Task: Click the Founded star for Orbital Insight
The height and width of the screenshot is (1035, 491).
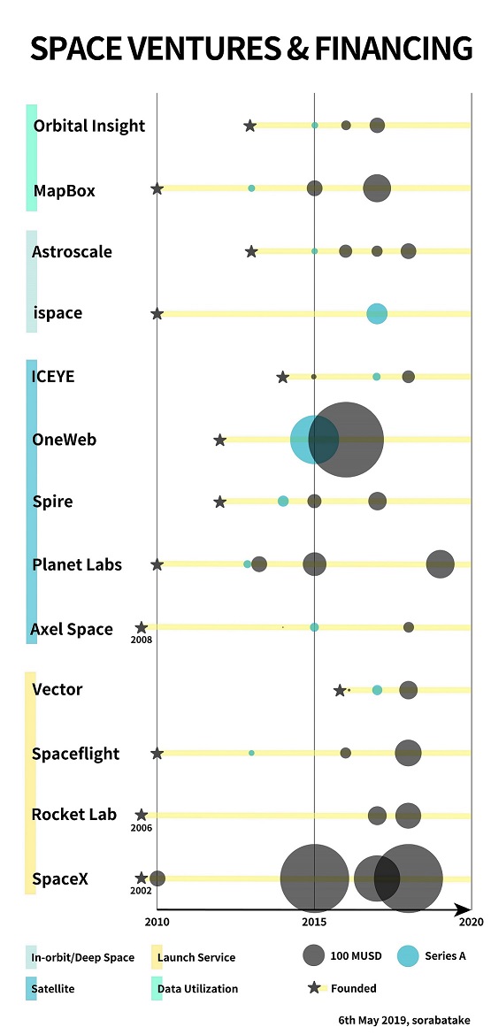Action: click(x=250, y=126)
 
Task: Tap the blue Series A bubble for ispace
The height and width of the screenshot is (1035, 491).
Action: click(x=377, y=313)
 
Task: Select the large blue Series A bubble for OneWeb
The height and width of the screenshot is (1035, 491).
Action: click(x=314, y=440)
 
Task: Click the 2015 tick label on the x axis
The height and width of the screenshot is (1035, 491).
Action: click(x=314, y=922)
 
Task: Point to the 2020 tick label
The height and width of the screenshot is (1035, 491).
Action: click(x=472, y=922)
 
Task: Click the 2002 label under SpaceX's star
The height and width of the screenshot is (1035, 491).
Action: click(x=142, y=890)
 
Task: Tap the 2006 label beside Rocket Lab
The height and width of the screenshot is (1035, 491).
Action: click(x=142, y=828)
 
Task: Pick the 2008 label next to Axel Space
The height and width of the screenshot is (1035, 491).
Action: click(x=142, y=639)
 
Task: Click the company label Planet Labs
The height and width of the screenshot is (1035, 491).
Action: click(x=77, y=565)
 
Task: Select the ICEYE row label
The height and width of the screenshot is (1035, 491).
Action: click(x=53, y=376)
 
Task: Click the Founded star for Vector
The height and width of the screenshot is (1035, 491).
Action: click(x=340, y=690)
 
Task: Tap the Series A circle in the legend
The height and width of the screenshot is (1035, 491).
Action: click(x=409, y=955)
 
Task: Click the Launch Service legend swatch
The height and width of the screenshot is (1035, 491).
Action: click(x=157, y=957)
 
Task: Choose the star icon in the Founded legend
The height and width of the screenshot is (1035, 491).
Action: click(x=314, y=988)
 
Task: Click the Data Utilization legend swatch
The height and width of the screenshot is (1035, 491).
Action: click(x=157, y=988)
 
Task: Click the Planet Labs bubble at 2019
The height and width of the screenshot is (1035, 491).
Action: click(x=441, y=563)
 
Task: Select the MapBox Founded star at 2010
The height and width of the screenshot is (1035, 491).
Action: click(x=157, y=188)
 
